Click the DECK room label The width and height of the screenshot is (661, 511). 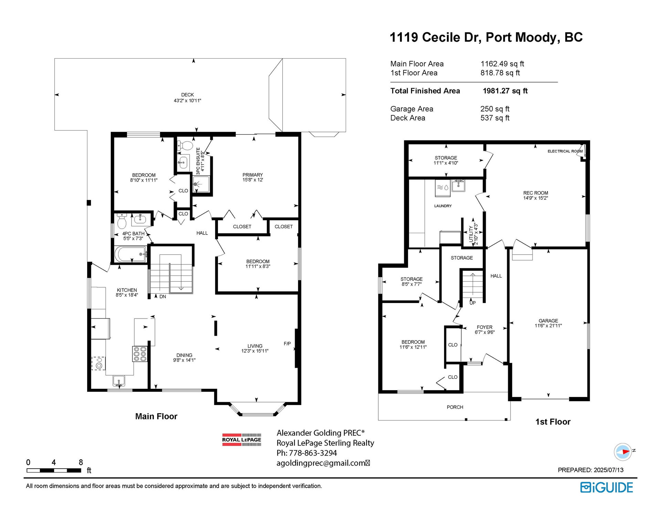tap(187, 95)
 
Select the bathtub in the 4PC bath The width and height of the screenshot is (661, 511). tap(130, 254)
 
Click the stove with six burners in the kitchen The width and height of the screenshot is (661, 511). tap(139, 354)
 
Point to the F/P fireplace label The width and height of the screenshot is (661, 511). tap(287, 343)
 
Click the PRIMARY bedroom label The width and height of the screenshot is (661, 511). tap(252, 175)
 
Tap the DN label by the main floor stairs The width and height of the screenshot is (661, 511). tap(162, 296)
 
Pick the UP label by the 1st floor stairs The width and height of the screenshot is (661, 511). tap(473, 303)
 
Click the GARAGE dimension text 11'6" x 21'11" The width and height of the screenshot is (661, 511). tap(548, 326)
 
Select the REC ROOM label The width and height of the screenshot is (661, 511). tap(536, 193)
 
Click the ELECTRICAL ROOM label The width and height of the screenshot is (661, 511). tap(565, 151)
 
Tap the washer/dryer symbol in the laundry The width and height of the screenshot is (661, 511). tap(443, 188)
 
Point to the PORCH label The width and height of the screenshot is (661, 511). tap(455, 407)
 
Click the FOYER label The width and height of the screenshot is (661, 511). tap(484, 327)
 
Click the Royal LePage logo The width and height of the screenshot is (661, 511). tap(241, 440)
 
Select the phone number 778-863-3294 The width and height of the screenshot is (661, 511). tap(313, 453)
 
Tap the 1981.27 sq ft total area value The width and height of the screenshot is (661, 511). tap(505, 91)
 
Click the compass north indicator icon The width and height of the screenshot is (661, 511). tap(623, 451)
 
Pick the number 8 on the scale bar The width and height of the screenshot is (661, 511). tap(81, 462)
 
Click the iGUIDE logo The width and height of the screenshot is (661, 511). tap(607, 487)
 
